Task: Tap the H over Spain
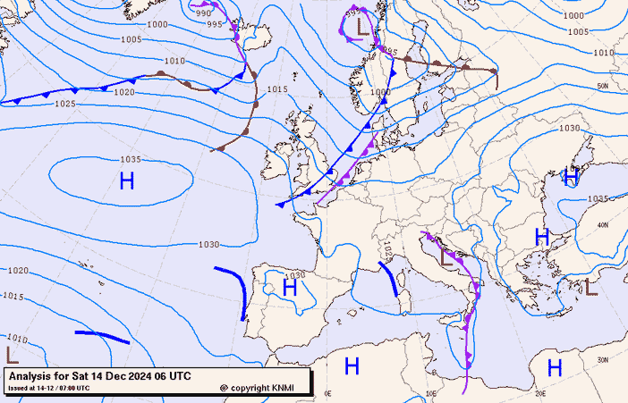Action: click(289, 287)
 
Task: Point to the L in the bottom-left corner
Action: click(12, 355)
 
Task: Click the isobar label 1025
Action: click(65, 105)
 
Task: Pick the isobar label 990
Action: click(203, 13)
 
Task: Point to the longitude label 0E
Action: click(327, 393)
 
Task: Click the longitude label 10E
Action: click(432, 393)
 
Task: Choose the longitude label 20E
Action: click(539, 393)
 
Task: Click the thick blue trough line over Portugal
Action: click(242, 290)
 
